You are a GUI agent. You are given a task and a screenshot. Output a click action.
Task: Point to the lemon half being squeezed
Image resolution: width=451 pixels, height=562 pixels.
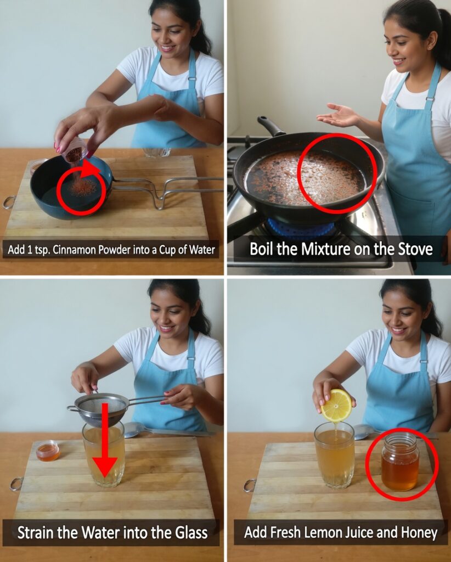coord(336,406)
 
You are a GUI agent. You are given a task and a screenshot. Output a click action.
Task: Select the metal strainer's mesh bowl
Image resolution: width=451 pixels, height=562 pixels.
coord(102,409)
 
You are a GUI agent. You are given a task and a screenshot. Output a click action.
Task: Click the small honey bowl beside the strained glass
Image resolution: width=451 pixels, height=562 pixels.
coord(48,451)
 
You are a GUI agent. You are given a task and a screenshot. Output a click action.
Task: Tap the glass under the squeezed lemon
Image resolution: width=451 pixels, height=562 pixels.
coord(334,456)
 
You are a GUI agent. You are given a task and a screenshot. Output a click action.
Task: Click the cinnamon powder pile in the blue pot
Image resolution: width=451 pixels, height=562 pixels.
coord(83,188)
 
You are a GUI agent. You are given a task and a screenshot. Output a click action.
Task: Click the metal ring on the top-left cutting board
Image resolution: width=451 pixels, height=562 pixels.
coord(9,203)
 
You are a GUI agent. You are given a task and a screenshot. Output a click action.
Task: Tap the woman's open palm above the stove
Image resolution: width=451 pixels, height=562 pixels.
coord(337,116)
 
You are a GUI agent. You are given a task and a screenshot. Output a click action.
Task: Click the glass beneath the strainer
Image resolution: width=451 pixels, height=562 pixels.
coord(104,454)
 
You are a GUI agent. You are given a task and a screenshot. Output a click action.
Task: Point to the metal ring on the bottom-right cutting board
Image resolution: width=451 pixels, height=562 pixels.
coord(250,486)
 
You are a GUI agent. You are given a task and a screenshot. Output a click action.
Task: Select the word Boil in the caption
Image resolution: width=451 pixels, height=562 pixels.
coord(262,249)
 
